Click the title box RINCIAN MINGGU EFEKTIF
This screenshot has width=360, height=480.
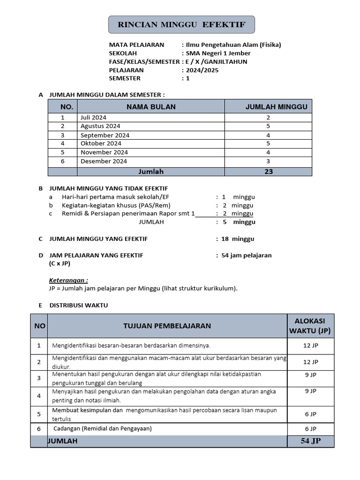click(181, 25)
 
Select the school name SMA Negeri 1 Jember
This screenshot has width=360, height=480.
click(218, 53)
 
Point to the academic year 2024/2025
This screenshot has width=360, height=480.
click(202, 70)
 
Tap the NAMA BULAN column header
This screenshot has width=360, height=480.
click(151, 107)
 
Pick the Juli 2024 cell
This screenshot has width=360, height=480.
click(93, 117)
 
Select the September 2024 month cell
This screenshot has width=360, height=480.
click(105, 135)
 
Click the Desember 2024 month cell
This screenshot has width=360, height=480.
click(104, 161)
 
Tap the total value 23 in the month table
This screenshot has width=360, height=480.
click(268, 172)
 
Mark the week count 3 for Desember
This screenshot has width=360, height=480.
click(268, 161)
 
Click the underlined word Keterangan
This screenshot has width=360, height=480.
click(68, 280)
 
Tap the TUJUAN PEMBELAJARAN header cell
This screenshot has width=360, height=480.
click(167, 326)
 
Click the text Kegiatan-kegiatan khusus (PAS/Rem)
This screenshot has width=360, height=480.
click(116, 205)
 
